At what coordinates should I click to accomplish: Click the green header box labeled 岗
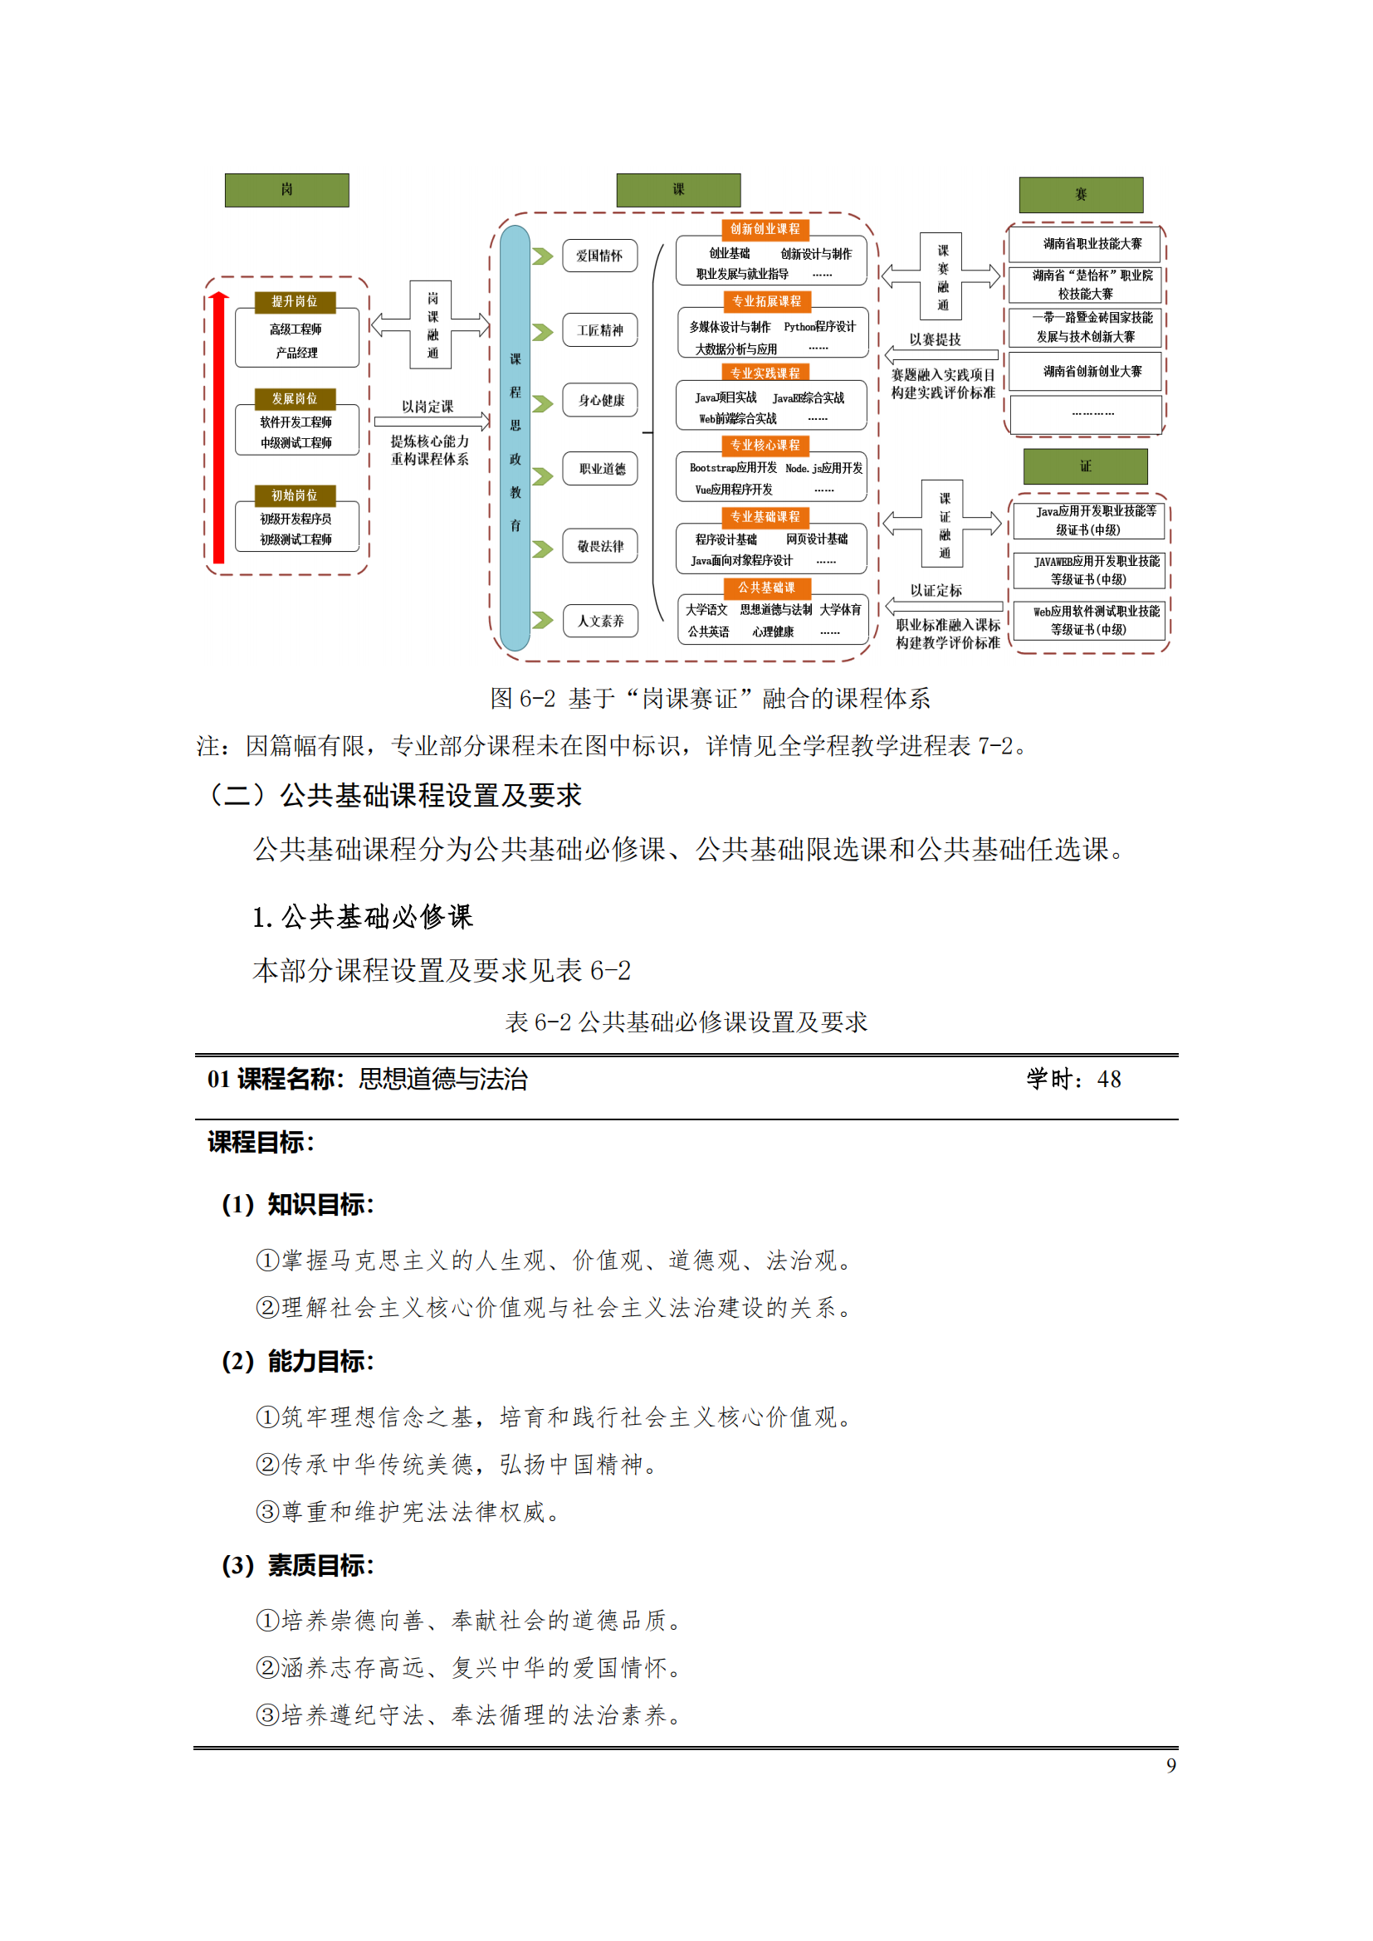click(286, 190)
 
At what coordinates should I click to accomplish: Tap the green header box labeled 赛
click(1081, 195)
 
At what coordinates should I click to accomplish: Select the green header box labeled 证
click(1085, 466)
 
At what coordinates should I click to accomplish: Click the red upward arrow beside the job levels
click(219, 427)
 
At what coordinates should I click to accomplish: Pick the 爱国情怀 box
click(599, 256)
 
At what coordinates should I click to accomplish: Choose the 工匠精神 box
click(599, 330)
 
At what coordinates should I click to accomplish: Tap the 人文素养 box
click(599, 622)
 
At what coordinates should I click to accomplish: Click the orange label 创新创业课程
click(765, 229)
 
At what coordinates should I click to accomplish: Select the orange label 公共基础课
click(766, 588)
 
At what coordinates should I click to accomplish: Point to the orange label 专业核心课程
click(765, 445)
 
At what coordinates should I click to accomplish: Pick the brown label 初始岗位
click(295, 495)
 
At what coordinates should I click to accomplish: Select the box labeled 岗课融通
click(431, 324)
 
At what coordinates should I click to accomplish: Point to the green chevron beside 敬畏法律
click(542, 549)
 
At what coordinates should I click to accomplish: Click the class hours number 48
click(1108, 1080)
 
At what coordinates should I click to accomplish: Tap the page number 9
click(1171, 1765)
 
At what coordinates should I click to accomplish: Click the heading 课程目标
click(261, 1143)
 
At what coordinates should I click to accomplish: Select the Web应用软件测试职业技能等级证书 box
click(1089, 621)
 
